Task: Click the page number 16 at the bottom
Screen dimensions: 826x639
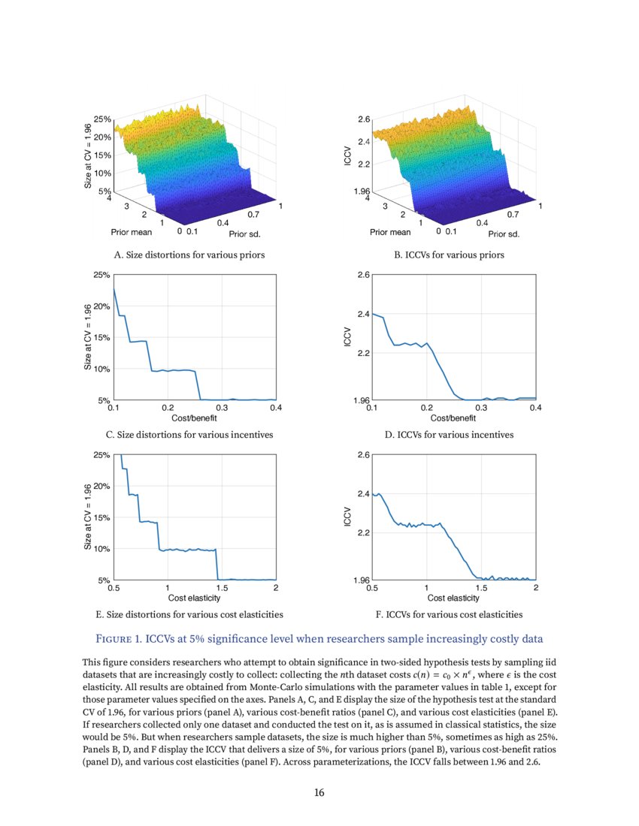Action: coord(319,791)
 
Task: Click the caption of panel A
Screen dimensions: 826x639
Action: coord(189,255)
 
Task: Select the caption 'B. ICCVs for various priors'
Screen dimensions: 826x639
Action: coord(449,255)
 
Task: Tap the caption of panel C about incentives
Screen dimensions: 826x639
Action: coord(189,435)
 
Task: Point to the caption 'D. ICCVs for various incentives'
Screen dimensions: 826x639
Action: coord(449,435)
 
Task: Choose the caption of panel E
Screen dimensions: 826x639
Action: coord(189,614)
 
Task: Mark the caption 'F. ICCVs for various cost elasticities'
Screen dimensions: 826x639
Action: coord(449,614)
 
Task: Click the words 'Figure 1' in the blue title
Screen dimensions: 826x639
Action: coord(123,639)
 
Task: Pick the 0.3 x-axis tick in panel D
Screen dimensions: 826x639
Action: coord(481,408)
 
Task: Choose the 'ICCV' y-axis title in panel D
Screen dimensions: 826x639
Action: coord(347,337)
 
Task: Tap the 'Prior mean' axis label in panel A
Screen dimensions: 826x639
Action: coord(131,232)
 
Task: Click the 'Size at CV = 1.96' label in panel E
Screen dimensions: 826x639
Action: coord(88,517)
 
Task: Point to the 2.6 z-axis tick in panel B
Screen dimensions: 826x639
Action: coord(364,119)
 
